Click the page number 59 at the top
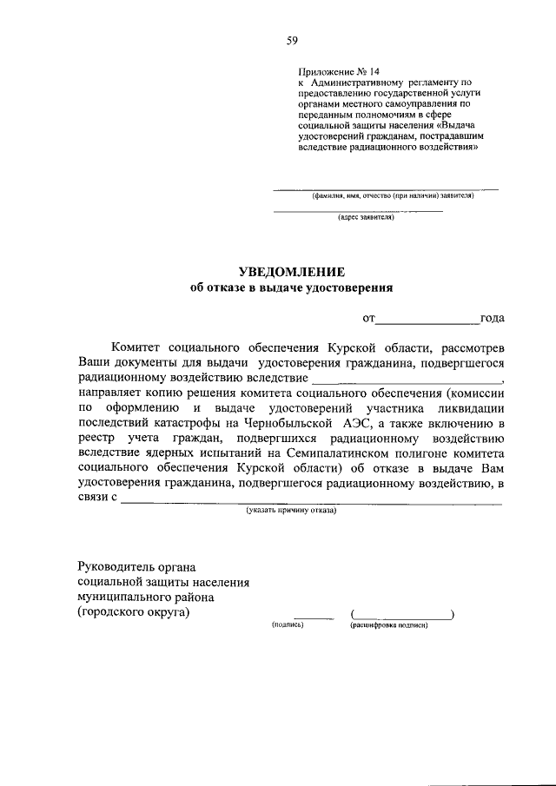[292, 40]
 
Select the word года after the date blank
[493, 319]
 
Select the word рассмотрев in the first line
[470, 347]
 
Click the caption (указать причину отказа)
[291, 510]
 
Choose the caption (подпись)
[287, 624]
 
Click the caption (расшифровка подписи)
[389, 624]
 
